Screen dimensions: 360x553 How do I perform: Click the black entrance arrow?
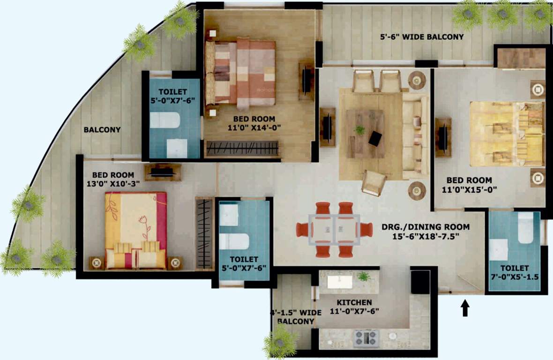(465, 308)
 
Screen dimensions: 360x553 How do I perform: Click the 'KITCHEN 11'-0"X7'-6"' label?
(354, 307)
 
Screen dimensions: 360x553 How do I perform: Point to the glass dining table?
(334, 230)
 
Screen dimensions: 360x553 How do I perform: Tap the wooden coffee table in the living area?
(366, 133)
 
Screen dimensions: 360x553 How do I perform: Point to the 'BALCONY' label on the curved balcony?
(102, 130)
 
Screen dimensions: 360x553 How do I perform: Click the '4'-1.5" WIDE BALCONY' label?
(295, 317)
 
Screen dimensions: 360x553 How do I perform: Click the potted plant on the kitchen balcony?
(280, 341)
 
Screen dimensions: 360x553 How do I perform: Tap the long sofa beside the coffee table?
(415, 136)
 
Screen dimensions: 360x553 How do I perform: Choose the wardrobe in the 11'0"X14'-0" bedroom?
(242, 149)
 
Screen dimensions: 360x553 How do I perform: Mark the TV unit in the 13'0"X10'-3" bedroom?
(163, 172)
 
